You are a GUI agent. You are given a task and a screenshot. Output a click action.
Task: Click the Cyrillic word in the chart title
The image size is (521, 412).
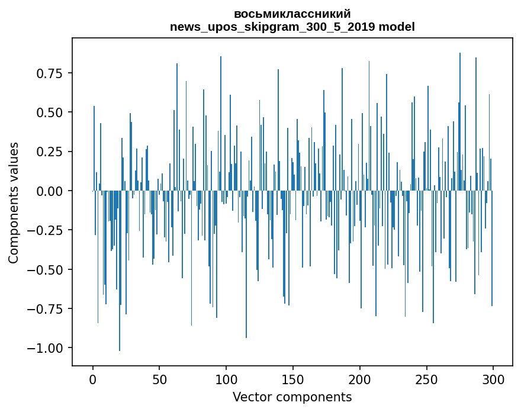[292, 14]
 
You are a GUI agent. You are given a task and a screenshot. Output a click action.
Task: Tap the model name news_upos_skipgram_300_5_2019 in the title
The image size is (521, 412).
[275, 27]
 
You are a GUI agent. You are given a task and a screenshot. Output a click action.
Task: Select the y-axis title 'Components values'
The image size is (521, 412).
[14, 202]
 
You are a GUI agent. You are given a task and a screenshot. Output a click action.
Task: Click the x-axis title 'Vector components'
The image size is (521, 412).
[292, 397]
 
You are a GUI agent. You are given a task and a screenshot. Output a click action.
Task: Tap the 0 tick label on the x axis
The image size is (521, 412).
[93, 381]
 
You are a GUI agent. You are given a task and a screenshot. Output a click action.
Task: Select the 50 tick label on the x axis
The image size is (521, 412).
[160, 381]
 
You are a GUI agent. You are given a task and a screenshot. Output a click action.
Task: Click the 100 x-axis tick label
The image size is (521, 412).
[226, 381]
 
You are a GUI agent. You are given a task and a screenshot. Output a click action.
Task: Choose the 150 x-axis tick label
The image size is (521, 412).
[293, 381]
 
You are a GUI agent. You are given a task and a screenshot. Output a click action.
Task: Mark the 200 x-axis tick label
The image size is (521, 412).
[360, 381]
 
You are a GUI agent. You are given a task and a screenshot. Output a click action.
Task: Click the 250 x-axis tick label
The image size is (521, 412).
[426, 381]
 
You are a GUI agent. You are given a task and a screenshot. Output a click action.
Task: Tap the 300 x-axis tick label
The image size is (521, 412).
[493, 381]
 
